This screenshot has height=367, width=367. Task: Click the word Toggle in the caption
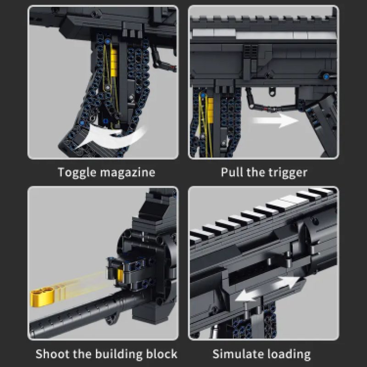click(77, 172)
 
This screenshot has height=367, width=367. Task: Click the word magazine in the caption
click(128, 172)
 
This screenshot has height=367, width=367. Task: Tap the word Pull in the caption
click(232, 172)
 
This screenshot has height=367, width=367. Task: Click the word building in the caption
click(119, 354)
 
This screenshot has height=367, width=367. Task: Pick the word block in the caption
click(161, 354)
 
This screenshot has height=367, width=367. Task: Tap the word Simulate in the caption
click(238, 354)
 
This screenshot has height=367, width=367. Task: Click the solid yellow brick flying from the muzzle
click(42, 296)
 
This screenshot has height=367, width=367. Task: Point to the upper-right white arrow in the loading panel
click(287, 283)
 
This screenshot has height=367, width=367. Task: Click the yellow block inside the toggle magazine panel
click(114, 62)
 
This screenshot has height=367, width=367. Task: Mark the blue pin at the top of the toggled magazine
click(108, 42)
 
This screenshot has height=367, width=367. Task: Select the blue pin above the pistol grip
click(326, 77)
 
